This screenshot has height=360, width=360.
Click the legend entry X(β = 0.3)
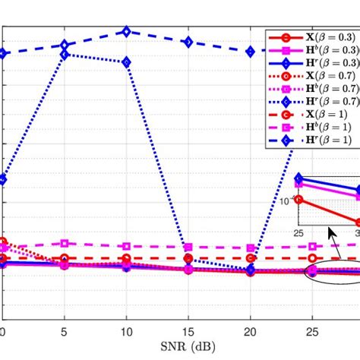311,36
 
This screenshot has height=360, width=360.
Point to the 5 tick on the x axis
65,332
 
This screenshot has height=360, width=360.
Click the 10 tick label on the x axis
127,332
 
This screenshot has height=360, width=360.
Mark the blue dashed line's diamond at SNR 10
127,32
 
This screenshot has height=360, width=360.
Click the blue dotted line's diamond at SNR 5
65,55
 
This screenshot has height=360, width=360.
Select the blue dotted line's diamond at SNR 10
127,62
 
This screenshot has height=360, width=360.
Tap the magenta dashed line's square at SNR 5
65,244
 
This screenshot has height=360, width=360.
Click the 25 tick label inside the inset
298,230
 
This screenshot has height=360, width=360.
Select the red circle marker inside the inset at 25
298,200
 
